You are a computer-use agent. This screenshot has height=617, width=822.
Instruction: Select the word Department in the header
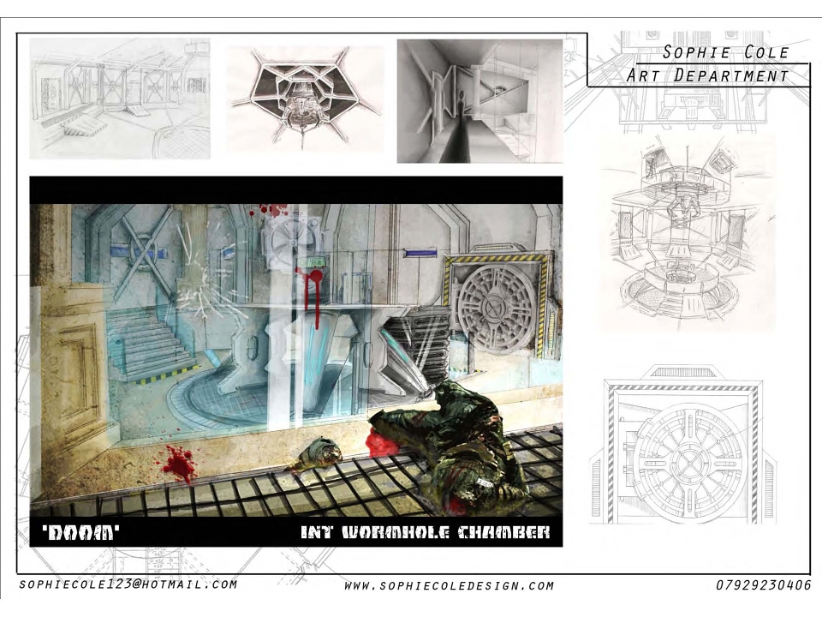pos(731,75)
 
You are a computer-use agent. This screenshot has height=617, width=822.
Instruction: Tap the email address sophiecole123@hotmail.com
pos(128,584)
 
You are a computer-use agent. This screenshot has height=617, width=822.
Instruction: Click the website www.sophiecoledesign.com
pos(450,585)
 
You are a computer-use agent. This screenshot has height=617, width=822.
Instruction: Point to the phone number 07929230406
pos(763,585)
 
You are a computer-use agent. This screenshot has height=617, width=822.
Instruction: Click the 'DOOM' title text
pos(80,532)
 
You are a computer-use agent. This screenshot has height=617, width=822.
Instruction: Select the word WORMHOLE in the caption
pos(396,532)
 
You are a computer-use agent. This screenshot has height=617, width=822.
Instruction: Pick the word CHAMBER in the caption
pos(503,532)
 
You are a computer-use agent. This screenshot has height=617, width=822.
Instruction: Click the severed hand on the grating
pos(321,452)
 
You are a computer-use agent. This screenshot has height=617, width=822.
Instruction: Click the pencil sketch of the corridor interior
pos(120,99)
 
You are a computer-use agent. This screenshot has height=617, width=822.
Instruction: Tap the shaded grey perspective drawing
pos(479,101)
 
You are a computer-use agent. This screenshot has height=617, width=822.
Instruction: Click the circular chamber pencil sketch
pos(686,233)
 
